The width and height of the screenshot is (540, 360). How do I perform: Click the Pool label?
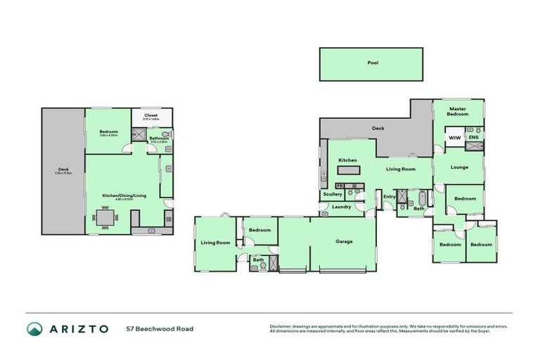(x=373, y=63)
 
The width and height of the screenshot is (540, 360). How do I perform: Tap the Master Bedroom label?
(x=458, y=111)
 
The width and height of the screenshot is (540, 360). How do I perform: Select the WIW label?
(x=454, y=139)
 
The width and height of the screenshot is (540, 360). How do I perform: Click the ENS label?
(x=474, y=139)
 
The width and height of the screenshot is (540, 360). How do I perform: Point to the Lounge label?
(x=459, y=167)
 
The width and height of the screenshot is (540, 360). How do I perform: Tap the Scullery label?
(x=333, y=194)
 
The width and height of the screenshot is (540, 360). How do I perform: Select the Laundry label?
(x=342, y=207)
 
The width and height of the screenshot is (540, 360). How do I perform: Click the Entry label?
(x=389, y=196)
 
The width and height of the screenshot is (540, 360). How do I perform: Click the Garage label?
(x=344, y=241)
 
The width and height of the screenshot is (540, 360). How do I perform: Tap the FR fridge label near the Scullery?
(x=339, y=184)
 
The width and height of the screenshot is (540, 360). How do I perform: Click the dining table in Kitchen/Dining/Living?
(x=105, y=220)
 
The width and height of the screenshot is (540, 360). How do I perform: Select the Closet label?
(x=150, y=115)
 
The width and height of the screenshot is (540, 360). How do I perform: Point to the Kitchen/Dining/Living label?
(x=124, y=195)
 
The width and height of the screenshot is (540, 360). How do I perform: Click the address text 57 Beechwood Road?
(x=160, y=329)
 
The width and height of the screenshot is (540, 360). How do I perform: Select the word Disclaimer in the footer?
(x=281, y=326)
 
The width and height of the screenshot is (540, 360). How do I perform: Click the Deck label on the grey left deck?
(x=63, y=169)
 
